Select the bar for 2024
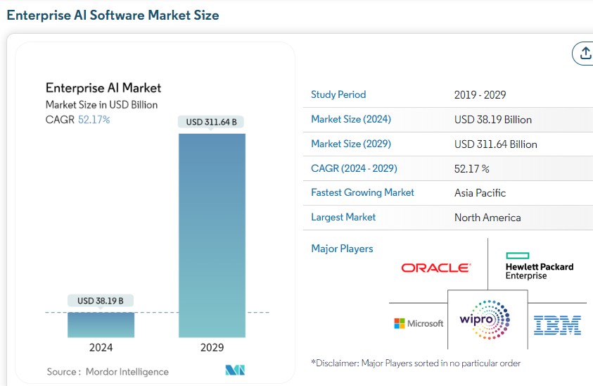click(x=101, y=324)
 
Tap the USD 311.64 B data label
click(x=211, y=122)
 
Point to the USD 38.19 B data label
click(x=101, y=301)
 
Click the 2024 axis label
click(x=101, y=347)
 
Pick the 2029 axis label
click(x=212, y=347)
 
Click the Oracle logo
click(x=435, y=268)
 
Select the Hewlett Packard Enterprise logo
click(x=539, y=266)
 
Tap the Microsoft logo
click(x=419, y=323)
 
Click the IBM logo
click(x=557, y=324)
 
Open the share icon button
click(x=584, y=53)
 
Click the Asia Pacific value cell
click(x=480, y=193)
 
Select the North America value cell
click(x=487, y=218)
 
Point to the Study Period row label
click(x=338, y=94)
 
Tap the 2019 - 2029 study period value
click(x=480, y=95)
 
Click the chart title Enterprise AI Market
click(x=103, y=88)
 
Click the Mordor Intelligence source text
click(x=127, y=371)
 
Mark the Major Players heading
click(x=342, y=249)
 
